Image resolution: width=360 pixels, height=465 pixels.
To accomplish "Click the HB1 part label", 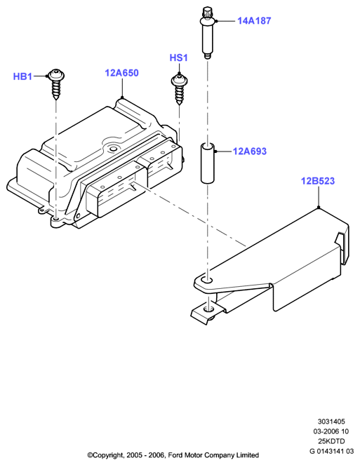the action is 22,76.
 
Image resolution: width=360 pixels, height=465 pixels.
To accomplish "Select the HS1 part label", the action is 179,58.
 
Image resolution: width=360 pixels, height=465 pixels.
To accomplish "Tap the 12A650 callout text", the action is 121,73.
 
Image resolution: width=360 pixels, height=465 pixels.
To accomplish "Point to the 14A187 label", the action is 254,21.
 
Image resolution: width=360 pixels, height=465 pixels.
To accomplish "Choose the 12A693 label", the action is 250,151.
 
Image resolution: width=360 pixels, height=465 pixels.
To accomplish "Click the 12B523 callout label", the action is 318,181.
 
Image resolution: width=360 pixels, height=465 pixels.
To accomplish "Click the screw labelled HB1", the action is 56,84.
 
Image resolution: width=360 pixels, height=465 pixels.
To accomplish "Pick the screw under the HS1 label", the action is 179,89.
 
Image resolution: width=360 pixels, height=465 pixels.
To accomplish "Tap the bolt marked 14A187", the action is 208,34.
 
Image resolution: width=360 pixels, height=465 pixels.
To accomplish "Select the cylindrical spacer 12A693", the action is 208,163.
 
